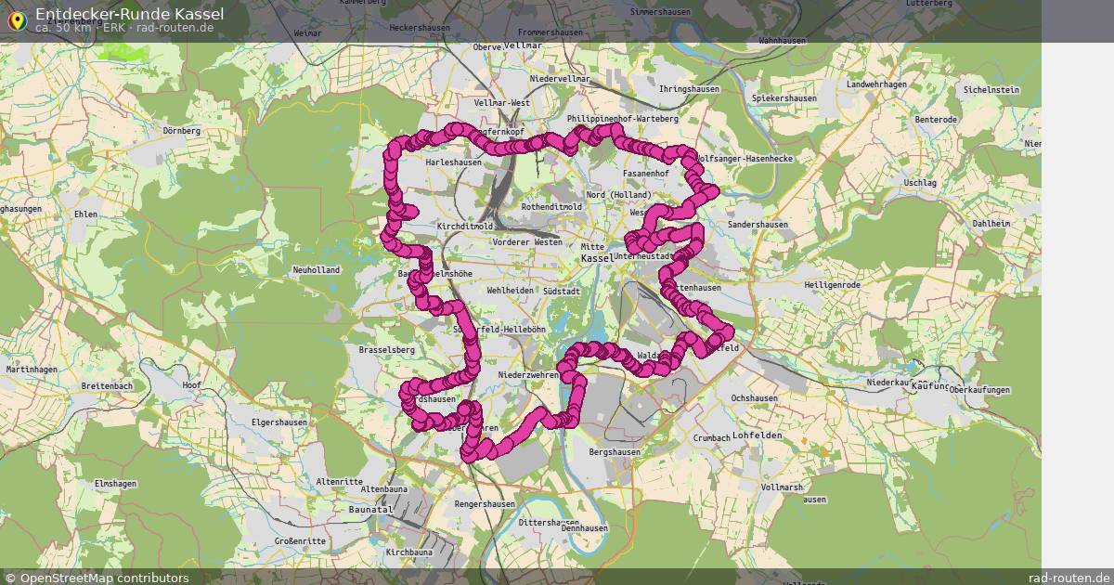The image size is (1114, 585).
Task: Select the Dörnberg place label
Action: click(181, 131)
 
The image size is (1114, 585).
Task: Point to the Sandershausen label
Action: click(758, 225)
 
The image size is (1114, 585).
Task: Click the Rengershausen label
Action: click(485, 504)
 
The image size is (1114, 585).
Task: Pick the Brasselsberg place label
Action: click(386, 350)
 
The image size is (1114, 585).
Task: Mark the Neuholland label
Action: click(317, 270)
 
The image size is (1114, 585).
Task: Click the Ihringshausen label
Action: click(689, 88)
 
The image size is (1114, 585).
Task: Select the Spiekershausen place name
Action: click(784, 98)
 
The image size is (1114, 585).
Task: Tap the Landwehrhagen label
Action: click(876, 84)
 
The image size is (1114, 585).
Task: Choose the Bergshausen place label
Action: click(615, 452)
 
